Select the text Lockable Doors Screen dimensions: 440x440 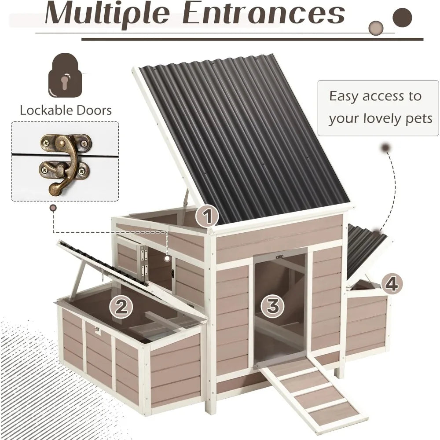66,110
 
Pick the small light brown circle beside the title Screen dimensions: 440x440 377,27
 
